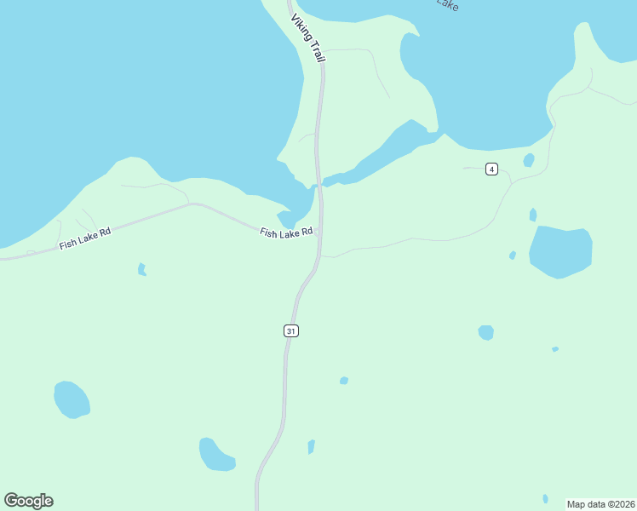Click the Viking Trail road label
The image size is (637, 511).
pos(308,38)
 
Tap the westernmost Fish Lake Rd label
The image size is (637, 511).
pos(85,238)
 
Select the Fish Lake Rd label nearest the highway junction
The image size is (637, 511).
pos(287,232)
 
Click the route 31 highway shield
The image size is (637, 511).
pos(291,330)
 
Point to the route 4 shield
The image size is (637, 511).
pos(491,169)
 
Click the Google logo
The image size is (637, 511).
pos(28,501)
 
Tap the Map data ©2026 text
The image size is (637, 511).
pos(600,503)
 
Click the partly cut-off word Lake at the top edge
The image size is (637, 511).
pos(448,4)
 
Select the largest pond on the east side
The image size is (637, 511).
pos(560,252)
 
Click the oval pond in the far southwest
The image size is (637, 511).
pos(72,399)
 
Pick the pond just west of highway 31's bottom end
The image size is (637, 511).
pos(216,454)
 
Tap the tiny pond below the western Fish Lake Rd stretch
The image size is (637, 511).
pos(142,269)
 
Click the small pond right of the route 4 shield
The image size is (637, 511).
pos(529,160)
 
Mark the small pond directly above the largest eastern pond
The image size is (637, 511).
pos(533,215)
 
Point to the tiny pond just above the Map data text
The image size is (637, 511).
pos(545,498)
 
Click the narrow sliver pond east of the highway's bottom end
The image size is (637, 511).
pos(312,446)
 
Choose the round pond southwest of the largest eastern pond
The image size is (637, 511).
pos(485,332)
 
